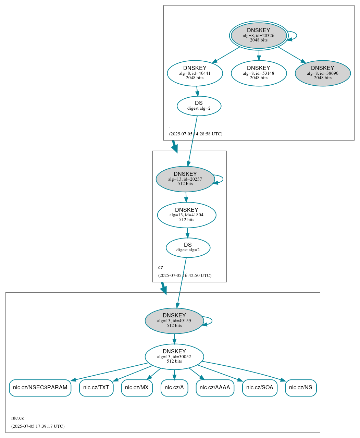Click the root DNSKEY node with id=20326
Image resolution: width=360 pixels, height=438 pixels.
point(259,35)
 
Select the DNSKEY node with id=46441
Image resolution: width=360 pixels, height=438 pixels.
point(195,73)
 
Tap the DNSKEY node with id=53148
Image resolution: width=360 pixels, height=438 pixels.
point(259,73)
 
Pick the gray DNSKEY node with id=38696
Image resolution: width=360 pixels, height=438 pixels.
point(323,73)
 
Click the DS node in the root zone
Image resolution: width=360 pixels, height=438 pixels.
point(199,106)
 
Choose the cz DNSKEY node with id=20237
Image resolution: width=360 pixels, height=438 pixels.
point(185,179)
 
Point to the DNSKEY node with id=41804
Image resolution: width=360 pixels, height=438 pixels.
point(187,215)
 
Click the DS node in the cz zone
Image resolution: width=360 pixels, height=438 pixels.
point(188,247)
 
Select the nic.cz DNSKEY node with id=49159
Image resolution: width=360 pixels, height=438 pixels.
point(174,321)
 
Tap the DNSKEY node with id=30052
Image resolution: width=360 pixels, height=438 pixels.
point(174,357)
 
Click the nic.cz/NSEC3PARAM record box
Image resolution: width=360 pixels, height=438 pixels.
point(40,388)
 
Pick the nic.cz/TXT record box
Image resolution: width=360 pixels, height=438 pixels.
point(96,388)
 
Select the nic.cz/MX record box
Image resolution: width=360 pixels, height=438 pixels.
point(137,388)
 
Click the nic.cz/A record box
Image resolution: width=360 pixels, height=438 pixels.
point(174,388)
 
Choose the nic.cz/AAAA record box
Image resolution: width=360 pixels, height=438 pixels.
point(215,388)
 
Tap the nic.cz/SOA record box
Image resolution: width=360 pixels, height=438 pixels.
point(260,388)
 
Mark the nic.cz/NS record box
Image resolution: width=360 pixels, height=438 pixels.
point(301,388)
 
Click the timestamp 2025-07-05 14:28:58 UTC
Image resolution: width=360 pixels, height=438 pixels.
point(196,134)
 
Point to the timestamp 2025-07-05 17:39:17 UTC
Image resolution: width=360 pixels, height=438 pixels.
point(38,426)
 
